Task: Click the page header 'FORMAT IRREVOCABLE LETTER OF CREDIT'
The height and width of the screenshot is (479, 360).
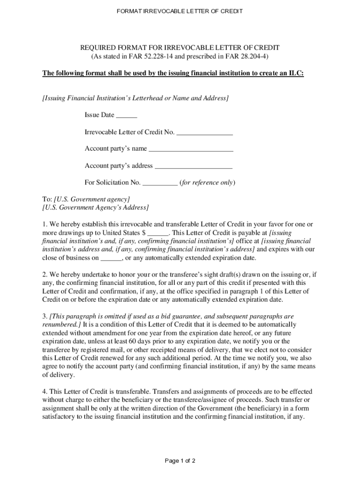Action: pos(180,11)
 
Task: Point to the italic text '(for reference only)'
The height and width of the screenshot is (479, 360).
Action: pos(207,183)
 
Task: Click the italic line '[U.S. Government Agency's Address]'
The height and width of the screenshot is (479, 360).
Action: pos(95,207)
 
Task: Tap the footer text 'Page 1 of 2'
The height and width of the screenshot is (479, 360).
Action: pos(180,461)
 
